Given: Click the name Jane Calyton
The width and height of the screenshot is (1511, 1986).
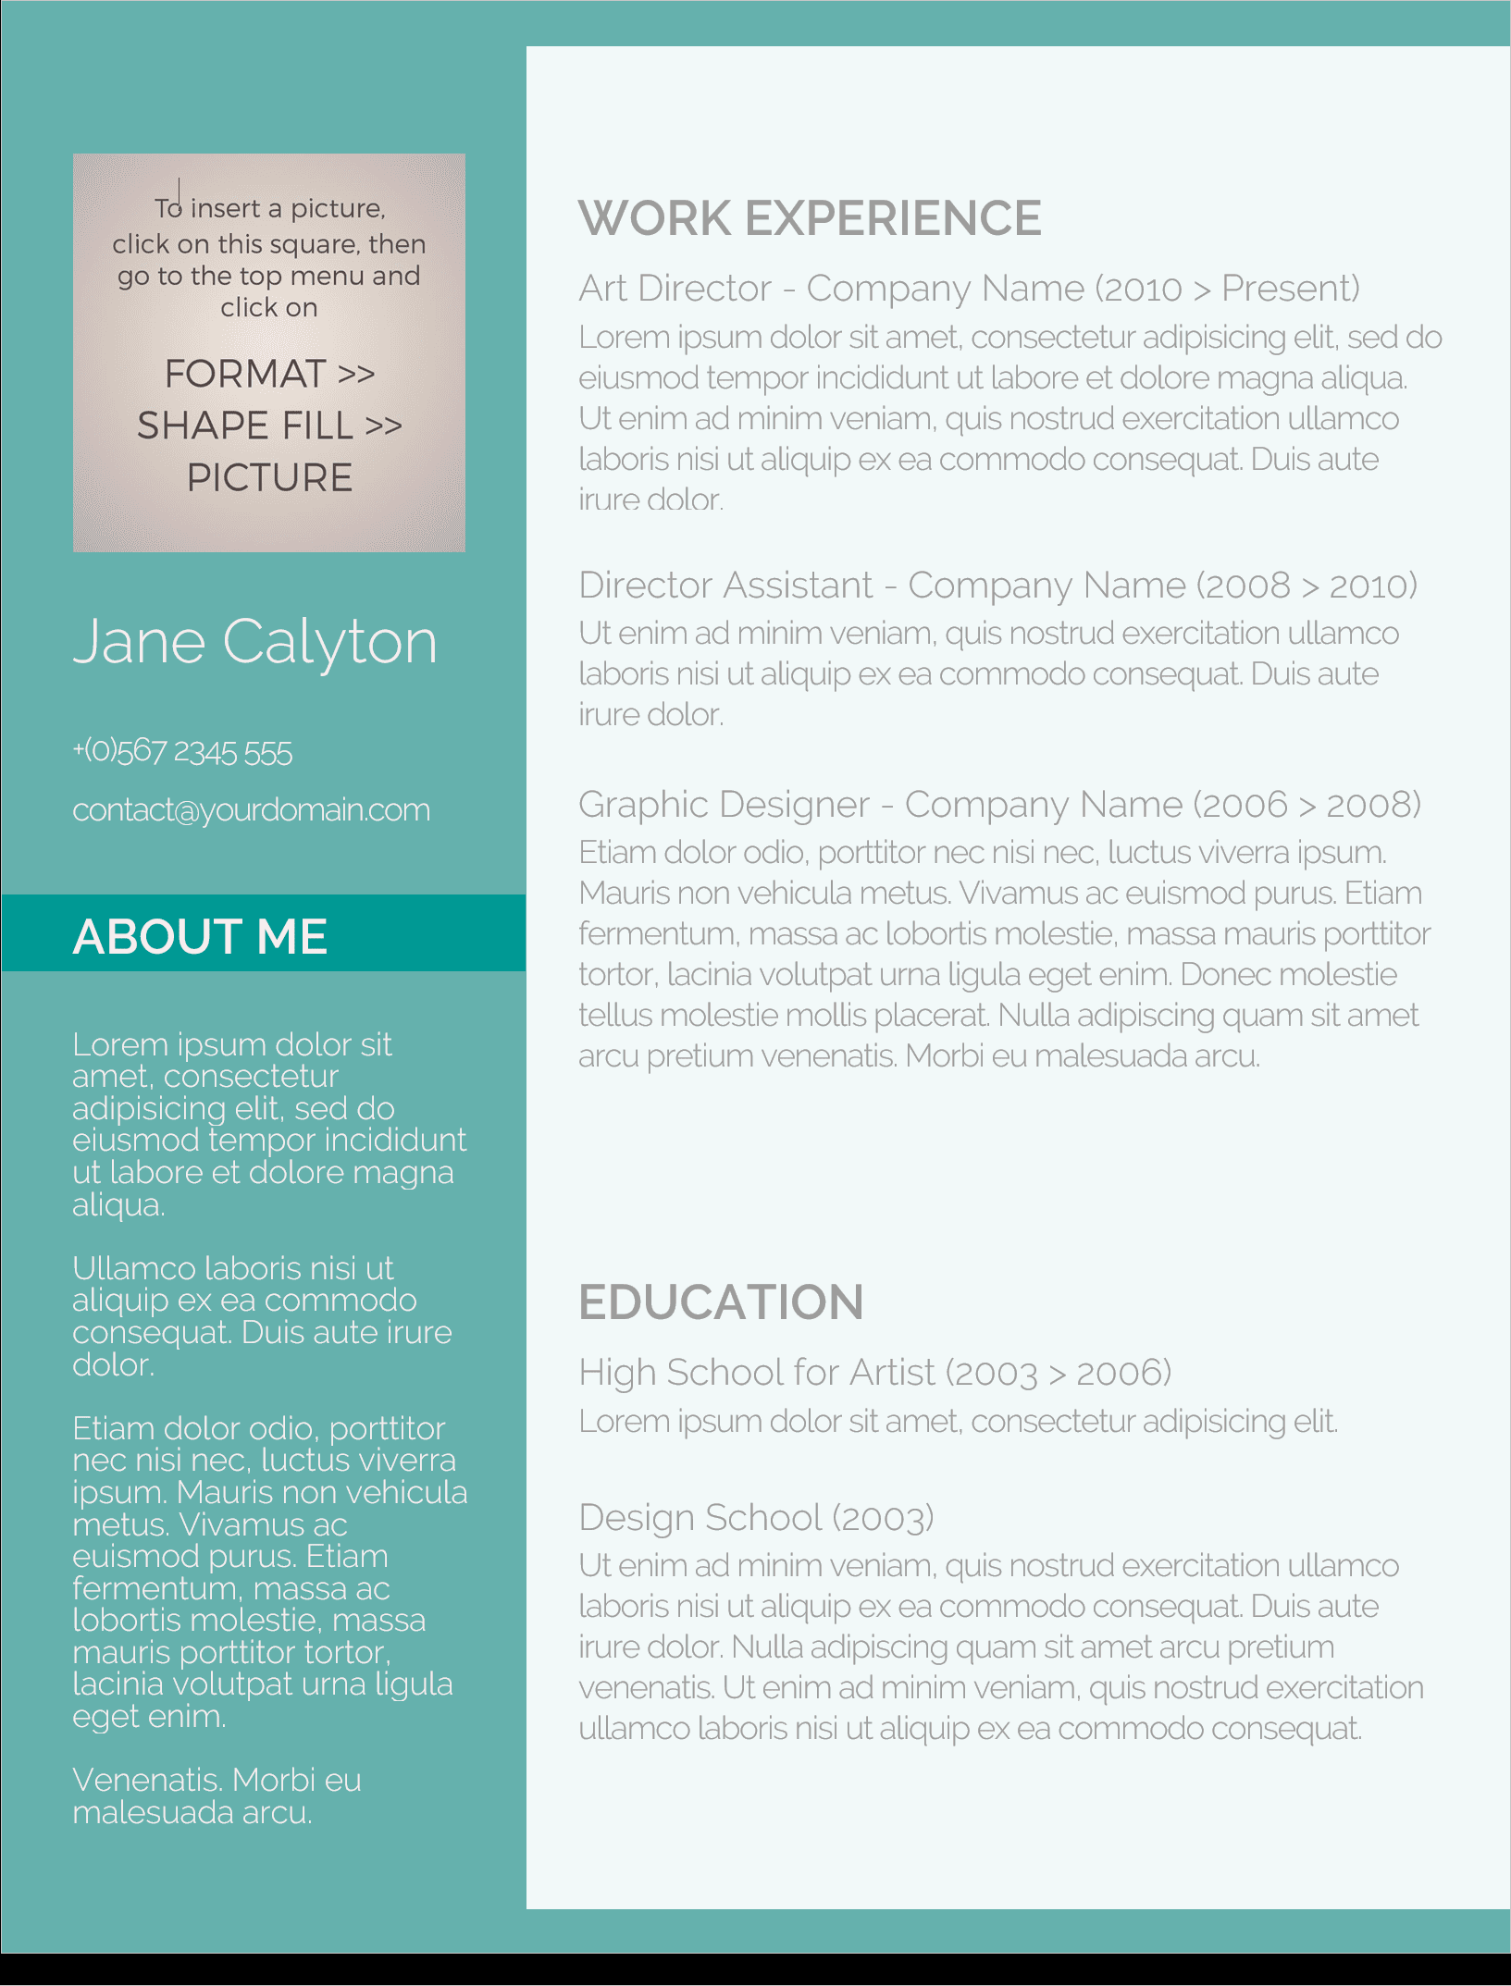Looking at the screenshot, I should (254, 642).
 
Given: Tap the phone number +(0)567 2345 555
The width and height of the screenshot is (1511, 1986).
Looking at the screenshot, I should (182, 752).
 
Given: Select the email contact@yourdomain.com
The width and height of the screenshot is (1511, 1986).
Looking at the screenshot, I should (251, 810).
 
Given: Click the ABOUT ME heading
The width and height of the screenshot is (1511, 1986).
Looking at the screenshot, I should (200, 936).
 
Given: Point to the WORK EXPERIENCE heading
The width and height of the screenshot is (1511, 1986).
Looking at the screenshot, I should (810, 218).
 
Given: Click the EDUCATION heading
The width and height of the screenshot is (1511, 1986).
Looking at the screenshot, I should (721, 1302).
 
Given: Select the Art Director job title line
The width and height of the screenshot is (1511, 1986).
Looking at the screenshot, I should (969, 289).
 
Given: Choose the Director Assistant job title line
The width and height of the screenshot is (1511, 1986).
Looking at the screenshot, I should (997, 586).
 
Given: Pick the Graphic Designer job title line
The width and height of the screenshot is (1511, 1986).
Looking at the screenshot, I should (999, 805).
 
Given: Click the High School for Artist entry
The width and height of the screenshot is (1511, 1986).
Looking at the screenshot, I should (874, 1373).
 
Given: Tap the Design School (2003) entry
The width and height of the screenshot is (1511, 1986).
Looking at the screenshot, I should (756, 1518).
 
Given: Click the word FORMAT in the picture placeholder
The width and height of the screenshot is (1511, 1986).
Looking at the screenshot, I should (245, 375).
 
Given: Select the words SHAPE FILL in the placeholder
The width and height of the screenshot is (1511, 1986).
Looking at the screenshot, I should (245, 426).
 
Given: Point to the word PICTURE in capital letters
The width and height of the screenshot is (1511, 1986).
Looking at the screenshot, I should (269, 478).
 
